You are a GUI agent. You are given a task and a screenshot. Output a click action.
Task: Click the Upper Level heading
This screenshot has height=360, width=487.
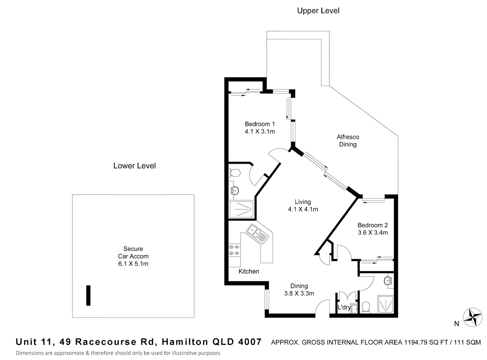click(x=318, y=11)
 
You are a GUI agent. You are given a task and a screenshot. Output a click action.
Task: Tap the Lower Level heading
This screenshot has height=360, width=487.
click(x=134, y=166)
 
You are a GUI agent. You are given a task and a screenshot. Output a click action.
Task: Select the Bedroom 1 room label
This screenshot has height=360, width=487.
click(x=260, y=124)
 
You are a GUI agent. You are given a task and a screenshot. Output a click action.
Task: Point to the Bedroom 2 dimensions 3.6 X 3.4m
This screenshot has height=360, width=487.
click(x=373, y=233)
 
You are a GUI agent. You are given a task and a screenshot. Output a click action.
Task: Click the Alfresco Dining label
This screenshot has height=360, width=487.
click(x=348, y=141)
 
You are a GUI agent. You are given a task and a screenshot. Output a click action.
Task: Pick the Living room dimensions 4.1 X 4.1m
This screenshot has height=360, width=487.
click(x=303, y=209)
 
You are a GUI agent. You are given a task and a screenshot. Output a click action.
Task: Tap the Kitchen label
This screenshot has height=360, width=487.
click(x=249, y=271)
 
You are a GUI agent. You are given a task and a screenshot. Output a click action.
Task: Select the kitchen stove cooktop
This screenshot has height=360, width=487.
click(x=234, y=250)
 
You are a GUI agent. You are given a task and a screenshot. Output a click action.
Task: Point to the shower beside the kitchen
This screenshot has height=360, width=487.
click(x=242, y=210)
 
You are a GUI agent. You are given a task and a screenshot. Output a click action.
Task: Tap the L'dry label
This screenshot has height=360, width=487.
click(x=344, y=307)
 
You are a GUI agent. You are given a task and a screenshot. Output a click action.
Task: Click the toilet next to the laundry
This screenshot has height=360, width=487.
click(x=366, y=307)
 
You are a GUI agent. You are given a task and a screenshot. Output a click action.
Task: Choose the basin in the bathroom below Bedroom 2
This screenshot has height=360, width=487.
click(x=389, y=281)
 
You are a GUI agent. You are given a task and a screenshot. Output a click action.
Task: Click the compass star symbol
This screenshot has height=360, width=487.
click(x=473, y=317)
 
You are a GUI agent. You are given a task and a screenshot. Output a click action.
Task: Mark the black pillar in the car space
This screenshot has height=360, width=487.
click(x=88, y=295)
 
